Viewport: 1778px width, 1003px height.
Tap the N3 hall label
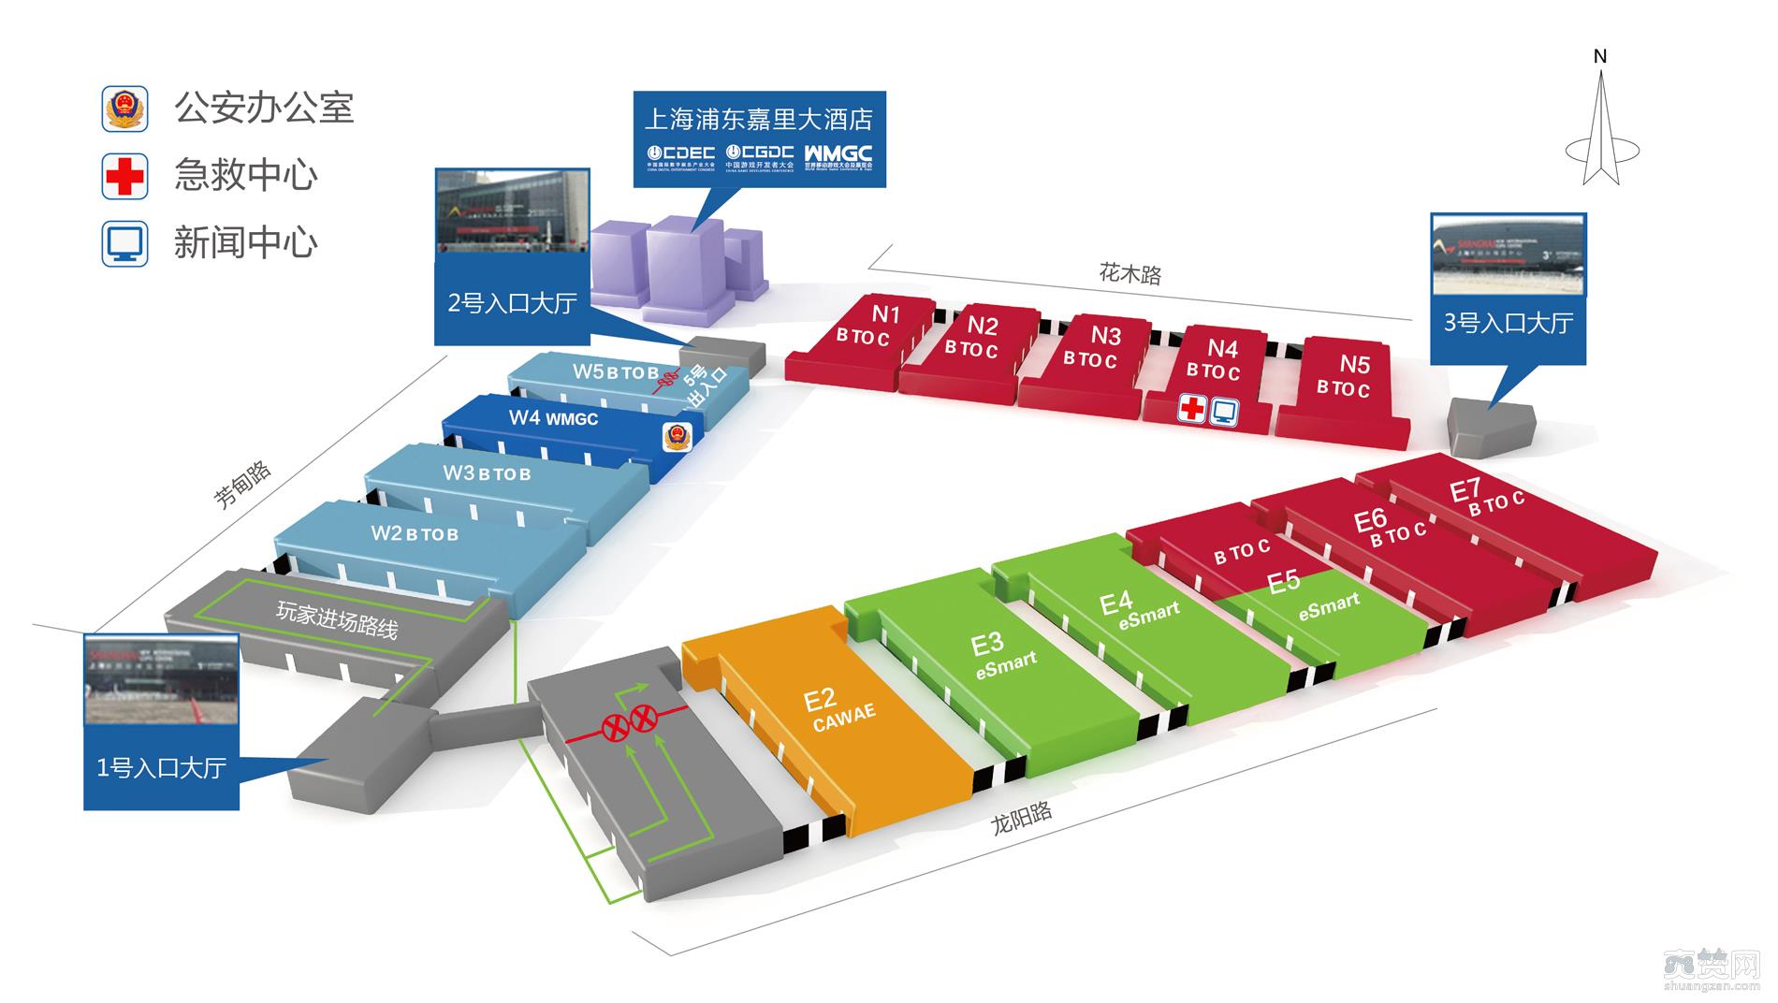pyautogui.click(x=1105, y=335)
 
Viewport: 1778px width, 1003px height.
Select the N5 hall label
pyautogui.click(x=1354, y=364)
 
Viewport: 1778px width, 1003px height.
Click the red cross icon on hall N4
pyautogui.click(x=1191, y=410)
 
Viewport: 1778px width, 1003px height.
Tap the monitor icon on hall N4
pyautogui.click(x=1224, y=411)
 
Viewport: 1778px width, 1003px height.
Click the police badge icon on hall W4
pyautogui.click(x=676, y=436)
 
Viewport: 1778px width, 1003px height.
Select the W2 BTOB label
pyautogui.click(x=415, y=533)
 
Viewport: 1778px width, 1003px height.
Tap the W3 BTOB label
pyautogui.click(x=487, y=473)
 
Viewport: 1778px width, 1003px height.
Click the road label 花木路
pyautogui.click(x=1129, y=273)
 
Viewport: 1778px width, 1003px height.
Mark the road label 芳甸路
pyautogui.click(x=242, y=484)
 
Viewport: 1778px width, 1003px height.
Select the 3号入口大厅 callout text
pyautogui.click(x=1508, y=324)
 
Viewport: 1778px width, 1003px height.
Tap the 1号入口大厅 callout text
pyautogui.click(x=161, y=768)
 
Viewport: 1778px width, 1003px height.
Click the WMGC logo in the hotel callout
pyautogui.click(x=838, y=153)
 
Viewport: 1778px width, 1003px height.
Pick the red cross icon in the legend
pyautogui.click(x=124, y=176)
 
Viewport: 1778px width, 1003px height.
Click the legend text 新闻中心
pyautogui.click(x=245, y=243)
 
